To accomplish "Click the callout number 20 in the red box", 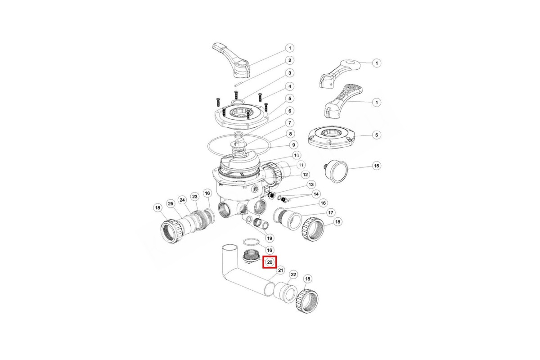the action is [x=270, y=262].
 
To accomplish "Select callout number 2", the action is [x=290, y=60].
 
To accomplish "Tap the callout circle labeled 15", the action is [x=377, y=166].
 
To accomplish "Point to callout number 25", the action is [x=171, y=204].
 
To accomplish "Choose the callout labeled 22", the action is [x=293, y=274].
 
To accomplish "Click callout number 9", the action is [x=293, y=145].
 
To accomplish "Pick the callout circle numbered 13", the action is [x=311, y=184].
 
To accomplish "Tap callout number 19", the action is [x=270, y=238].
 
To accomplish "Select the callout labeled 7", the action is [x=290, y=123].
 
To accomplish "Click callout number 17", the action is [x=330, y=212].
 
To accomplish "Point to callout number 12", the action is [x=305, y=174].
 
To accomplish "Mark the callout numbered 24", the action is [x=182, y=200].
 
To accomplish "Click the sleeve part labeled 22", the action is [x=285, y=292].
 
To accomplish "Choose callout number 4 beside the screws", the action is [x=290, y=86].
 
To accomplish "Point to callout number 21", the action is [x=280, y=270].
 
